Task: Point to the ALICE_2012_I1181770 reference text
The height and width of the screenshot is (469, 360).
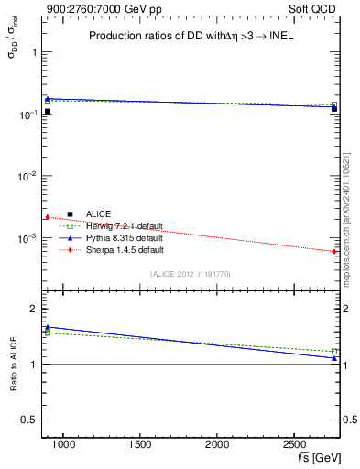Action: pyautogui.click(x=192, y=273)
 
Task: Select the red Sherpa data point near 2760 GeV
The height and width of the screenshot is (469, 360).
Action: pyautogui.click(x=334, y=251)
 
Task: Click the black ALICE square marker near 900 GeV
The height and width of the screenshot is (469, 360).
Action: pyautogui.click(x=47, y=112)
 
